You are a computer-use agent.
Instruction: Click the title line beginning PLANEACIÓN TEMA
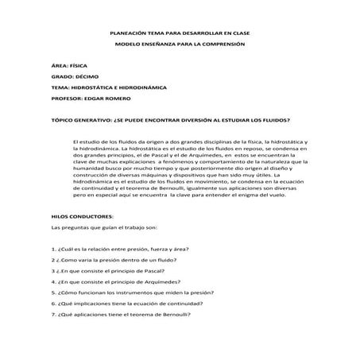(180, 34)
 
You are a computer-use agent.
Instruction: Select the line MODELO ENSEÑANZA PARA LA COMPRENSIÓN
(180, 45)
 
